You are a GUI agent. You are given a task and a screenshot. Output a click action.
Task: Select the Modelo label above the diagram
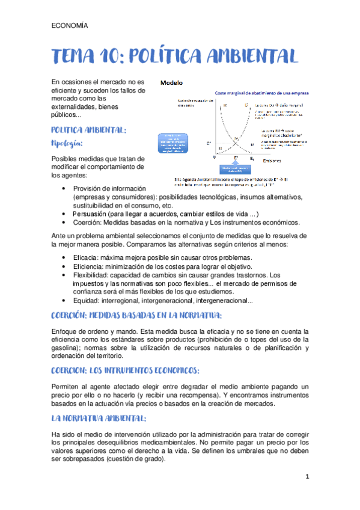coord(171,82)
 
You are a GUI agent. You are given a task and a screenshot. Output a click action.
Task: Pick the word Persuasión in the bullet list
coord(92,214)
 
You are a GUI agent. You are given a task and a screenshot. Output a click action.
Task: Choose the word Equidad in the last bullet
coord(87,301)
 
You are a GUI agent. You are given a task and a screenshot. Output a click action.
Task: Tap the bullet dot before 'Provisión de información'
coord(64,189)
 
